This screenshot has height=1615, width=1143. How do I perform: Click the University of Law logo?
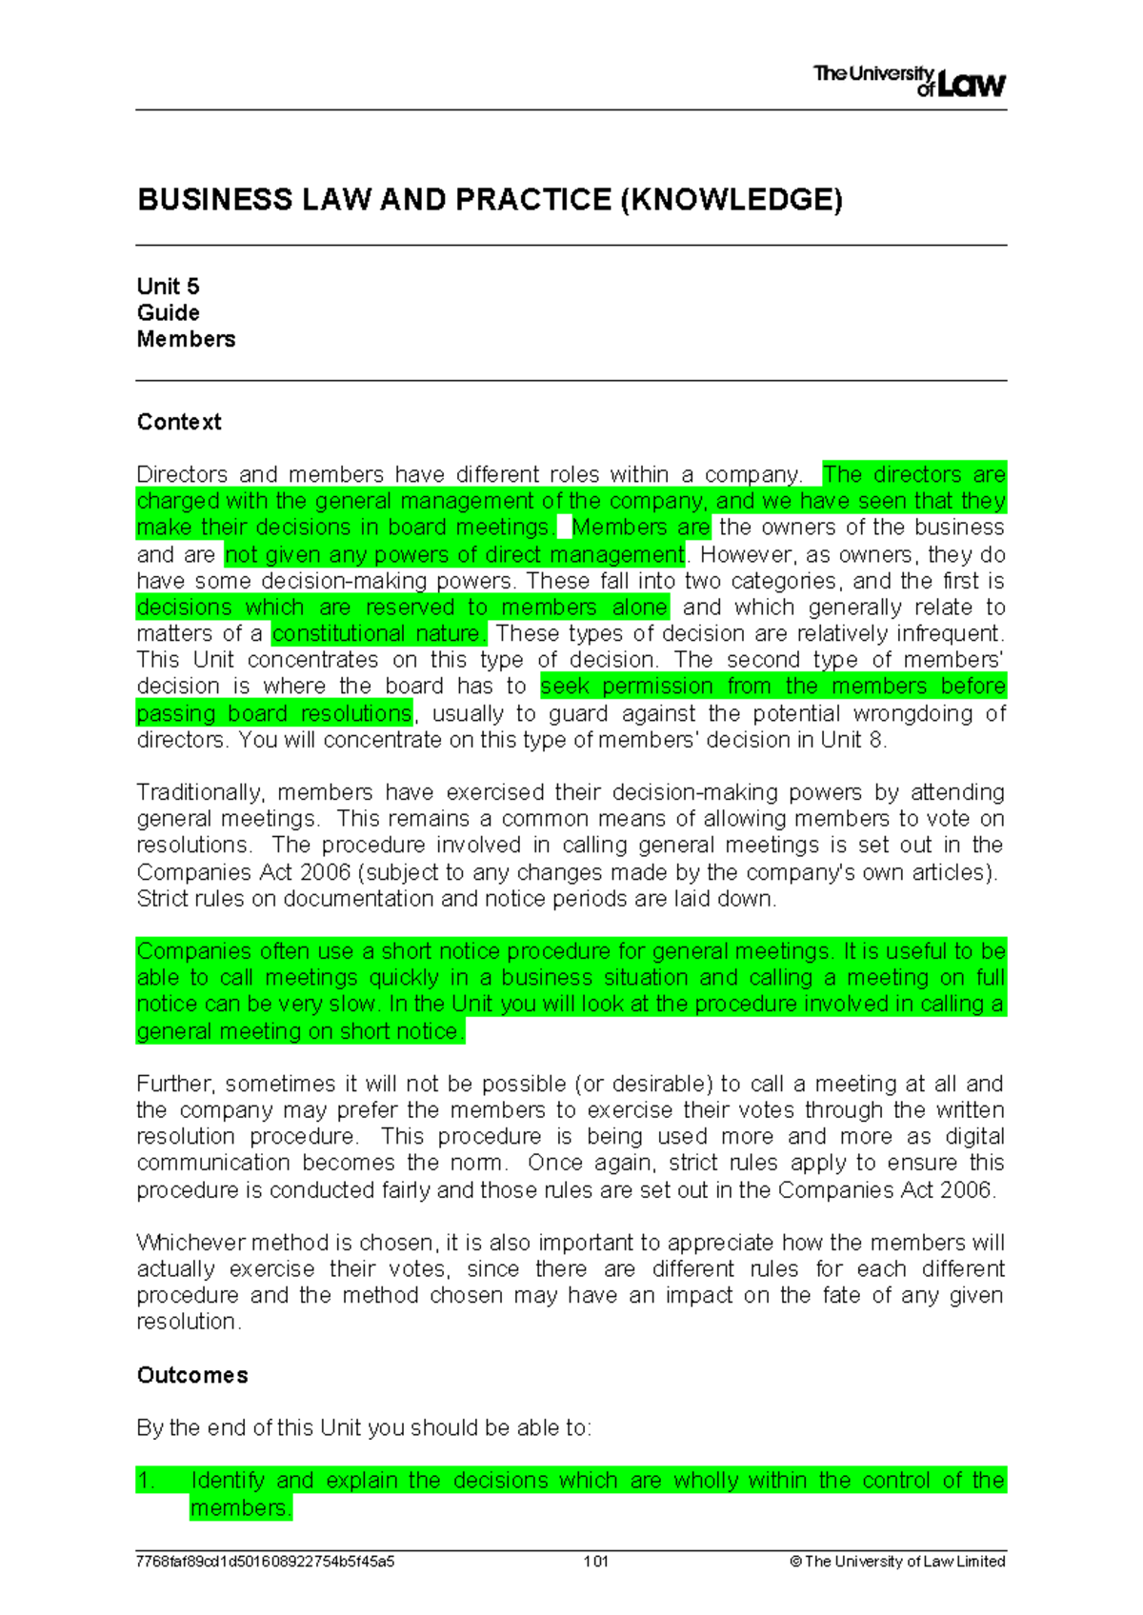coord(909,81)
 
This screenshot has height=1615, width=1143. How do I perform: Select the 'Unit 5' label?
coord(168,287)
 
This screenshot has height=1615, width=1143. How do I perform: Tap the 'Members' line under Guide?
coord(186,339)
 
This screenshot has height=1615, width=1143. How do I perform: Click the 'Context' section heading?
coord(179,422)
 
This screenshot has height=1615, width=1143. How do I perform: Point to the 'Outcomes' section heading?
coord(192,1375)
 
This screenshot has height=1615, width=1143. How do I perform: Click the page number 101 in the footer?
coord(596,1562)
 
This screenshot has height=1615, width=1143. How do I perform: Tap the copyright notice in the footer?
coord(897,1562)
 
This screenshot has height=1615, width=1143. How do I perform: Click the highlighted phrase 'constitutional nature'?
coord(378,633)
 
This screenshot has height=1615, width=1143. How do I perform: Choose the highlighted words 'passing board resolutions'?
coord(274,713)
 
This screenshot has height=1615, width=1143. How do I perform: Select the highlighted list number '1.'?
coord(146,1481)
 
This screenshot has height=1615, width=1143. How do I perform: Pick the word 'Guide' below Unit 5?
coord(169,313)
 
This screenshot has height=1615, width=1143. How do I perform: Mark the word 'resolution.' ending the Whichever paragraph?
coord(189,1322)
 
